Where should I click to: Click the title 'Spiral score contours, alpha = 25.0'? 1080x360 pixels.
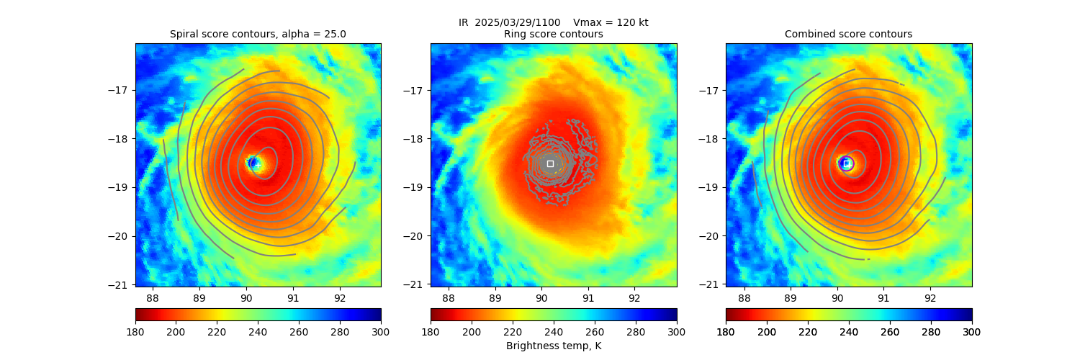[x=258, y=34]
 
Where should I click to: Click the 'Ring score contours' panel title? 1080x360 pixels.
[x=553, y=34]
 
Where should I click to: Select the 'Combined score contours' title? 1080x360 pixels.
[x=848, y=34]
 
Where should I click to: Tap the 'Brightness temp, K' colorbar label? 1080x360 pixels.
[x=553, y=346]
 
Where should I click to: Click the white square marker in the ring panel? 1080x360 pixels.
[x=550, y=163]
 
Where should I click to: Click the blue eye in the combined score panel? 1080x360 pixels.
[x=846, y=163]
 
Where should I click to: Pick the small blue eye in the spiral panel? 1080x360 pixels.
[x=253, y=163]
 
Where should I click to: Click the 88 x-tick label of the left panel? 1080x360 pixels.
[x=153, y=297]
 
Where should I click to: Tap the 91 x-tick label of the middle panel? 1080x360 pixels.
[x=588, y=297]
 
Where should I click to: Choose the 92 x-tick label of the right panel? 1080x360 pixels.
[x=930, y=297]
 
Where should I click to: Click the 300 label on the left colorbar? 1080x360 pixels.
[x=381, y=331]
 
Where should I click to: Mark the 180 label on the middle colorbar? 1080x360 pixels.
[x=431, y=331]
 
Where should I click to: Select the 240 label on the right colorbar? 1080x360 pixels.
[x=890, y=331]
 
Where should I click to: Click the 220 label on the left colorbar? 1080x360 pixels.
[x=217, y=331]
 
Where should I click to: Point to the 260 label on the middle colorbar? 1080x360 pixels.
[x=595, y=331]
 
